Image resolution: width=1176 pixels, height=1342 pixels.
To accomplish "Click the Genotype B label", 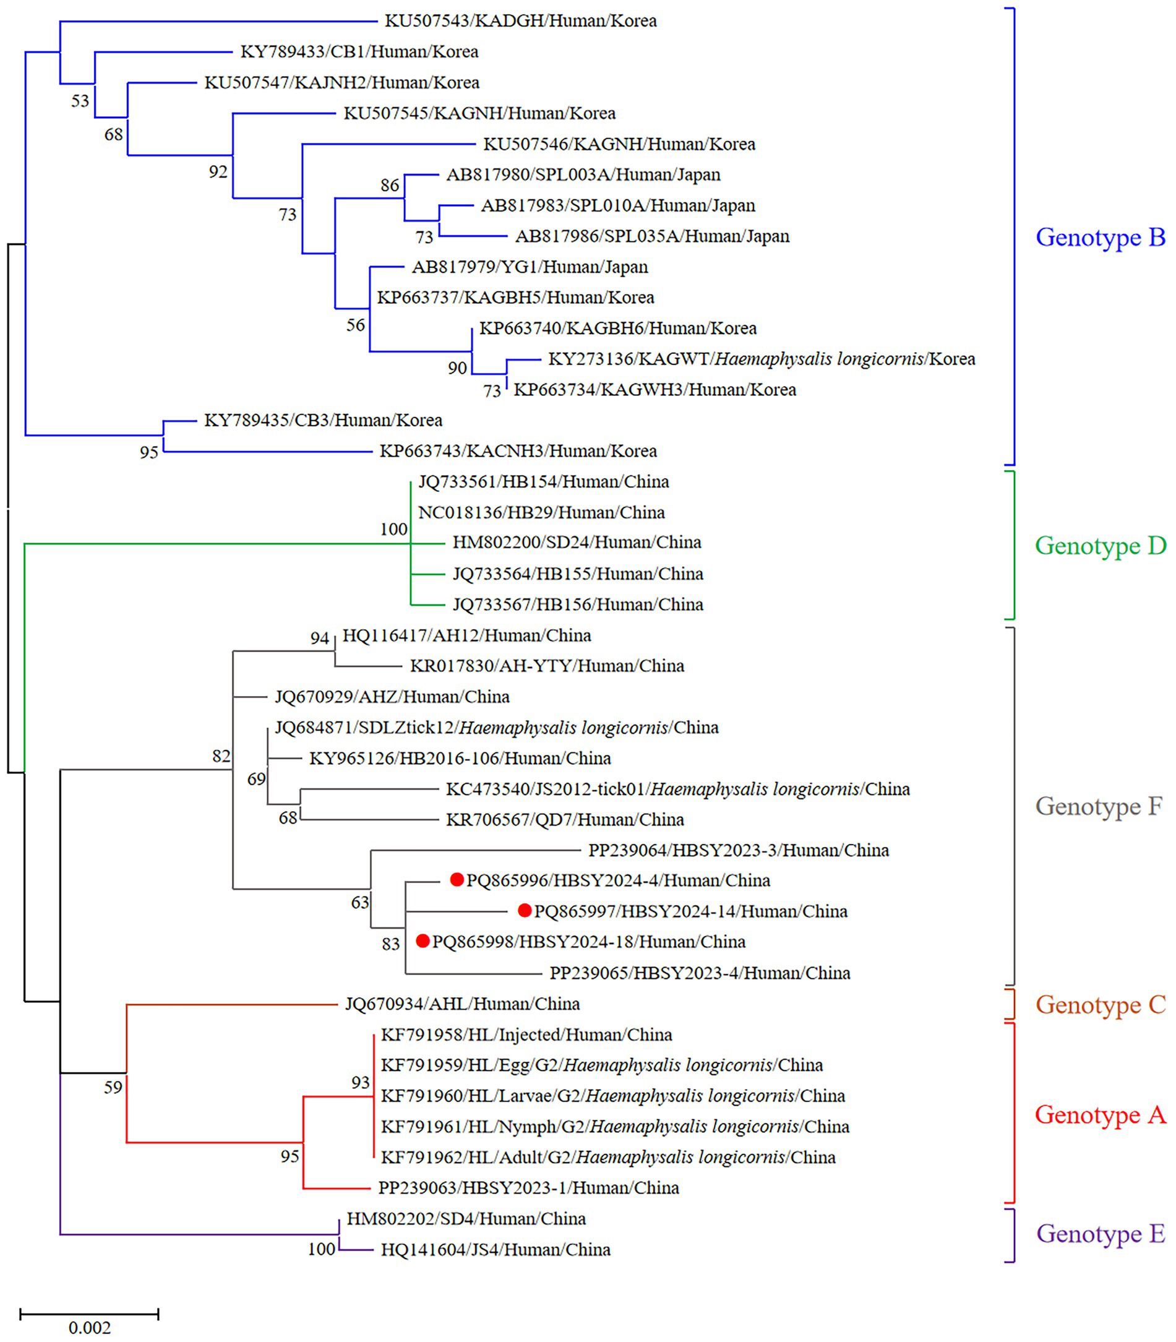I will pos(1100,237).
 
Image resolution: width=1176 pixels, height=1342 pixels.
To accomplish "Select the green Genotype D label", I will pos(1100,545).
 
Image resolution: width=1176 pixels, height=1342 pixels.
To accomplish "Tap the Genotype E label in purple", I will pos(1100,1234).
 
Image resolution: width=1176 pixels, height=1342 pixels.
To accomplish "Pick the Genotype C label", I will pos(1100,1005).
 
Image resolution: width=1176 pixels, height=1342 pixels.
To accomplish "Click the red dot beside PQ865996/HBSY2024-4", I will pos(457,880).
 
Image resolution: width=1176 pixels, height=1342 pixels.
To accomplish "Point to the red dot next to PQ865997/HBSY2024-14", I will pos(525,910).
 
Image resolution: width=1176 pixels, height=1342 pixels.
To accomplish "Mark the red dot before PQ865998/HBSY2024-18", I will pos(423,941).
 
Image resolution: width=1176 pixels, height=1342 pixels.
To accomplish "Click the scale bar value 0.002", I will pos(89,1328).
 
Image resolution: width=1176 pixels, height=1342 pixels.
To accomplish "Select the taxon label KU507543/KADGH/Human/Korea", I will pos(520,21).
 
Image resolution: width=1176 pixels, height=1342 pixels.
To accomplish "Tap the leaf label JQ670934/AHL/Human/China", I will pos(463,1004).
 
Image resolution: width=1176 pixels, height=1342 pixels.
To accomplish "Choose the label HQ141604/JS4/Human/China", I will pos(496,1249).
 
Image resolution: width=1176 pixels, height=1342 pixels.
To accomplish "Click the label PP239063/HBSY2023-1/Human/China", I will pos(528,1188).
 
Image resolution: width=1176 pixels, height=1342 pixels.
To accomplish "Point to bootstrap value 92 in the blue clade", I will pos(218,172).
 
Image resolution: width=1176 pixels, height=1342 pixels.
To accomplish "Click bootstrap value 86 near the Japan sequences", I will pos(390,186).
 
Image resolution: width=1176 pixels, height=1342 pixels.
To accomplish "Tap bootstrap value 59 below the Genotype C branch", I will pos(113,1087).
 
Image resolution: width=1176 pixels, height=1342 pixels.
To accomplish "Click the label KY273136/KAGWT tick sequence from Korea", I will pos(762,359).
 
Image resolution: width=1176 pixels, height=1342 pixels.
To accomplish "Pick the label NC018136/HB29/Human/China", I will pos(541,512).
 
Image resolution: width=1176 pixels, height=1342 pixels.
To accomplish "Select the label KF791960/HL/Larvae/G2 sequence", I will pos(613,1096).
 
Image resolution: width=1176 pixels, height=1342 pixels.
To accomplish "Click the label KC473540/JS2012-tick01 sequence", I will pos(677,789).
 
